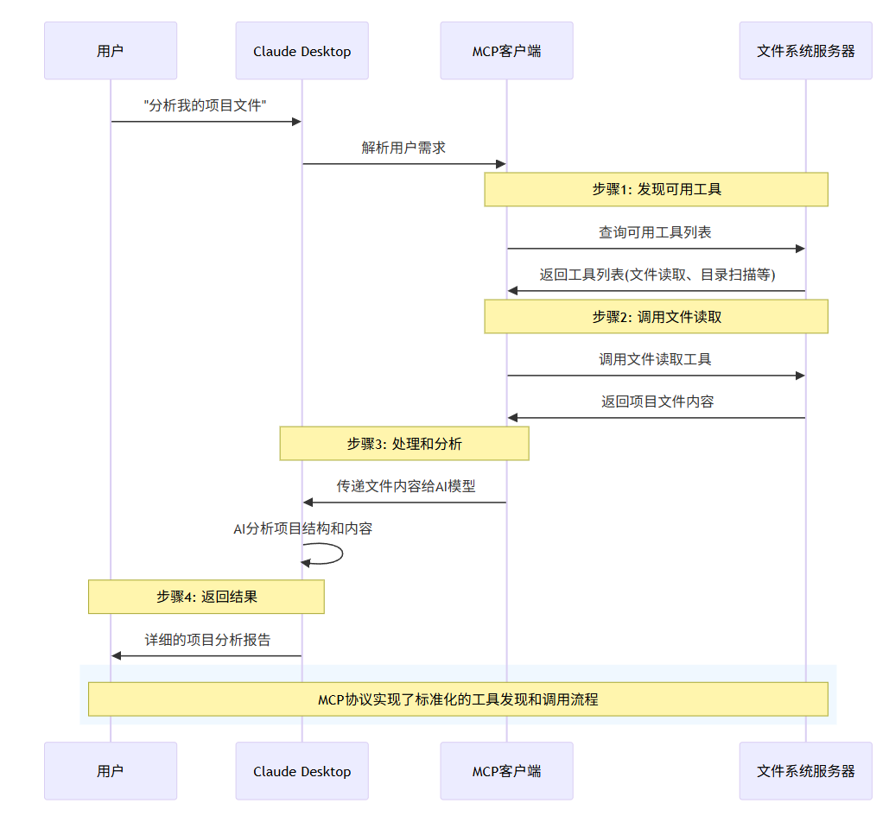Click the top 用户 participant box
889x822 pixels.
click(111, 51)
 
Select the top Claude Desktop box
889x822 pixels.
click(302, 51)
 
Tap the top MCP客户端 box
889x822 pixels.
click(506, 51)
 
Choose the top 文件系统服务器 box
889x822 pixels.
click(805, 51)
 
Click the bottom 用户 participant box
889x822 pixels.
click(111, 771)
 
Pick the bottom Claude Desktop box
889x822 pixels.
click(302, 771)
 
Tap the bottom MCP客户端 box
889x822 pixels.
click(506, 771)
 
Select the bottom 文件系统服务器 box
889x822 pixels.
click(805, 771)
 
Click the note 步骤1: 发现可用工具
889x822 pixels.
click(656, 189)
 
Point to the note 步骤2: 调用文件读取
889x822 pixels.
click(656, 317)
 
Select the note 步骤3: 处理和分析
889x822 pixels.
click(403, 444)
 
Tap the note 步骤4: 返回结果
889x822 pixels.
click(206, 597)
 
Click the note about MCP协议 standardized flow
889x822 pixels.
click(458, 699)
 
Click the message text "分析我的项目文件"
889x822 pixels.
click(205, 105)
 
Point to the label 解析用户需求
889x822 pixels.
click(403, 148)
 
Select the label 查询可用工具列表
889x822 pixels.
click(655, 232)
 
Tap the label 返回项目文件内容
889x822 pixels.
click(657, 402)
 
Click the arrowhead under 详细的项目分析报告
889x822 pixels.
click(117, 656)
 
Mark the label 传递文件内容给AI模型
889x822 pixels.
click(406, 486)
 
